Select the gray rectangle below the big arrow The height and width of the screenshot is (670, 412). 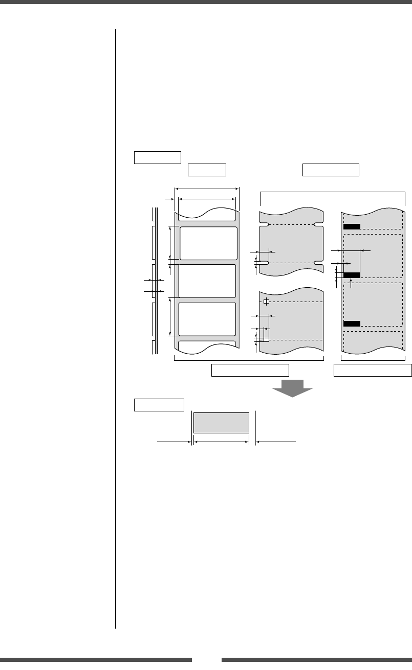pos(221,422)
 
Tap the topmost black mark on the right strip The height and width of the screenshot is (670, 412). pos(352,227)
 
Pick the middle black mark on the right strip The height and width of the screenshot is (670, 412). pos(352,275)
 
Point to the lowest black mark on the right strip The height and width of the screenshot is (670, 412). pos(352,324)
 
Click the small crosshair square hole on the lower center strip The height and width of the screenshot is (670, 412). pos(266,302)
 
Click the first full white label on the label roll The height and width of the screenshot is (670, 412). pos(208,243)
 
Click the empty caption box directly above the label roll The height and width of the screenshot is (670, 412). pos(207,170)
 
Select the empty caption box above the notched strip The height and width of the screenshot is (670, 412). pos(331,170)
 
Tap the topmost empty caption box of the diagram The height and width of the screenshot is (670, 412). pos(158,157)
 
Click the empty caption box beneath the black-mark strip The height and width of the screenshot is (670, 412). pos(373,370)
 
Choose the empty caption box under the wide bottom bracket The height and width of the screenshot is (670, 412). pos(250,370)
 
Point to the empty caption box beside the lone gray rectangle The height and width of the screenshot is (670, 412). pos(159,405)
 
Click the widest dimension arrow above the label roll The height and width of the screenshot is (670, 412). pos(207,189)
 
